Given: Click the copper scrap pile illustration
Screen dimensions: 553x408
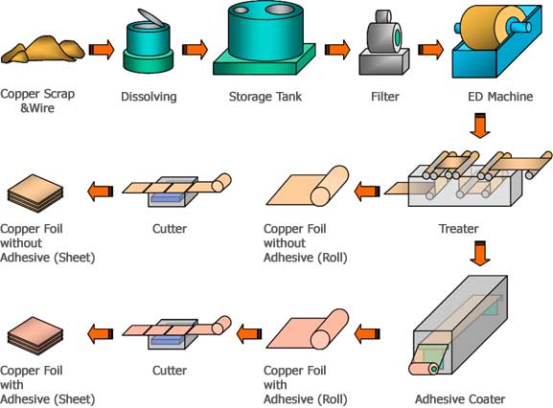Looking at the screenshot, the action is click(43, 50).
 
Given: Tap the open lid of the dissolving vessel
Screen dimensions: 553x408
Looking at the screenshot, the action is click(150, 17).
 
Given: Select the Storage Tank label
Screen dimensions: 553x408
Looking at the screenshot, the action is click(265, 97).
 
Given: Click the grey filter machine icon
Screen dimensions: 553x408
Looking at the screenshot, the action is click(384, 43).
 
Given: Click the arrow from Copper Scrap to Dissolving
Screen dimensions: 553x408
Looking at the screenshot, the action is click(102, 50).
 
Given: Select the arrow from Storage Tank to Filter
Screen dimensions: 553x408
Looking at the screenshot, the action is click(337, 50).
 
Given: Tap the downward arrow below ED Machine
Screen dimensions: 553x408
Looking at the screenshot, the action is click(480, 125).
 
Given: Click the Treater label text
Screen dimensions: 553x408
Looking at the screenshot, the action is click(458, 229).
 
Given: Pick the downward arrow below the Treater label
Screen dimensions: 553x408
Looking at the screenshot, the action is click(480, 254).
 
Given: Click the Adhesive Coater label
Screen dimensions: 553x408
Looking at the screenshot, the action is click(460, 399).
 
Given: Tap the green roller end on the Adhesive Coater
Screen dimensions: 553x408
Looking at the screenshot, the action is click(434, 369).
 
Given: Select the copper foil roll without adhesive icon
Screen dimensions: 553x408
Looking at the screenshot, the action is click(308, 186).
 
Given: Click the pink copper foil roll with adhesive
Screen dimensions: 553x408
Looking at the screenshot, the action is click(308, 329).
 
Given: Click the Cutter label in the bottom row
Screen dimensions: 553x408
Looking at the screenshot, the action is click(170, 371).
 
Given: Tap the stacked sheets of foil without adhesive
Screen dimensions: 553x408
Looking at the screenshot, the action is click(35, 193).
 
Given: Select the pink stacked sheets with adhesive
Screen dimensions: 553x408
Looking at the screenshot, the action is click(35, 336).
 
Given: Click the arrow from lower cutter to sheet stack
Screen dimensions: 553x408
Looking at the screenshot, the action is click(101, 333).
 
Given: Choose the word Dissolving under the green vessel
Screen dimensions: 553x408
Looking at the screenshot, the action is click(149, 97).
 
